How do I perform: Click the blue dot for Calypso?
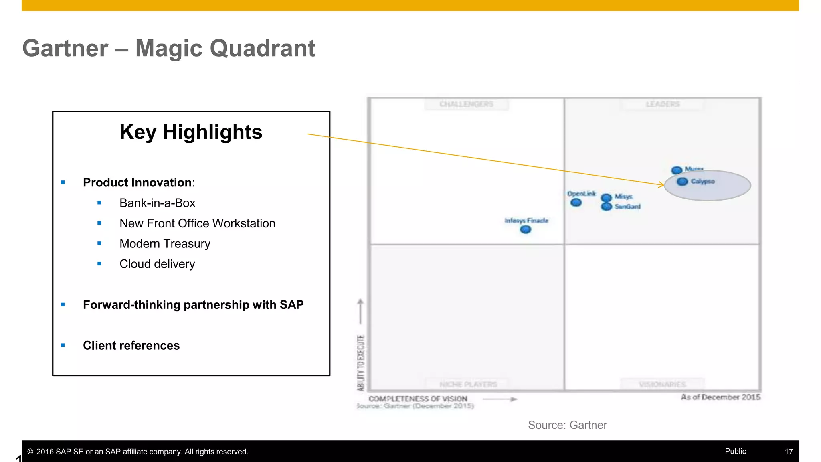(x=682, y=182)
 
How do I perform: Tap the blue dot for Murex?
(x=677, y=170)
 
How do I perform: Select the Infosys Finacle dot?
(x=525, y=229)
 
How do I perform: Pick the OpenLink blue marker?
(x=576, y=203)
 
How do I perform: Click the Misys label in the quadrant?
(x=623, y=197)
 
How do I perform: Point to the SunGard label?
(x=627, y=207)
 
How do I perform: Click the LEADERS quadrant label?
(x=663, y=104)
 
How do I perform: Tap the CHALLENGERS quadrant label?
(x=466, y=104)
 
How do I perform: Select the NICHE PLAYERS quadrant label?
(x=468, y=385)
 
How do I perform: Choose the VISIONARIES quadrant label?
(x=662, y=384)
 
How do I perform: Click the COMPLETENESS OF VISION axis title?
(x=418, y=399)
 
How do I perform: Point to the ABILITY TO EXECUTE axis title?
(x=361, y=363)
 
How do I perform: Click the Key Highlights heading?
(x=191, y=132)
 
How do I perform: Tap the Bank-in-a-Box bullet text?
(x=157, y=203)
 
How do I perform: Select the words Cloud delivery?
(x=157, y=264)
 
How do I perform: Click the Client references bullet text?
(x=131, y=345)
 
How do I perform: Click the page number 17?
(x=789, y=452)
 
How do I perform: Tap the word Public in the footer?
(x=735, y=451)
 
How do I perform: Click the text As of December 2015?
(x=720, y=397)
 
